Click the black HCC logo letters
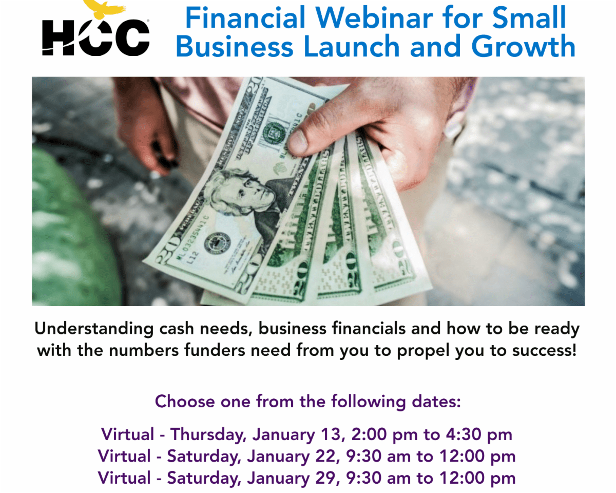tap(95, 37)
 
